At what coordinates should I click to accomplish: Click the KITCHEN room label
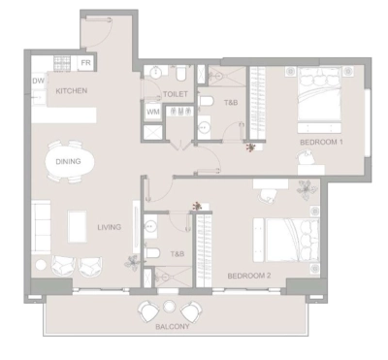click(x=72, y=90)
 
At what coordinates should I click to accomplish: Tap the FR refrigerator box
click(x=86, y=63)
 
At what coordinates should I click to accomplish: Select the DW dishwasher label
click(x=39, y=82)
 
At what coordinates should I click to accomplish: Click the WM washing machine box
click(x=153, y=112)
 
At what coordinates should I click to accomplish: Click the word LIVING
click(x=109, y=227)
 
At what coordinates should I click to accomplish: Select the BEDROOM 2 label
click(x=248, y=276)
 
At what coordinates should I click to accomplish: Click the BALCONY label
click(x=172, y=327)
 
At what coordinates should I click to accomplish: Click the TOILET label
click(x=175, y=94)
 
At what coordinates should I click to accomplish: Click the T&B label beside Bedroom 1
click(x=231, y=102)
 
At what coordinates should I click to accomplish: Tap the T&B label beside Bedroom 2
click(x=178, y=254)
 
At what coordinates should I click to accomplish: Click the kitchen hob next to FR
click(x=63, y=64)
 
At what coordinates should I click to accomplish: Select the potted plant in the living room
click(x=132, y=259)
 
